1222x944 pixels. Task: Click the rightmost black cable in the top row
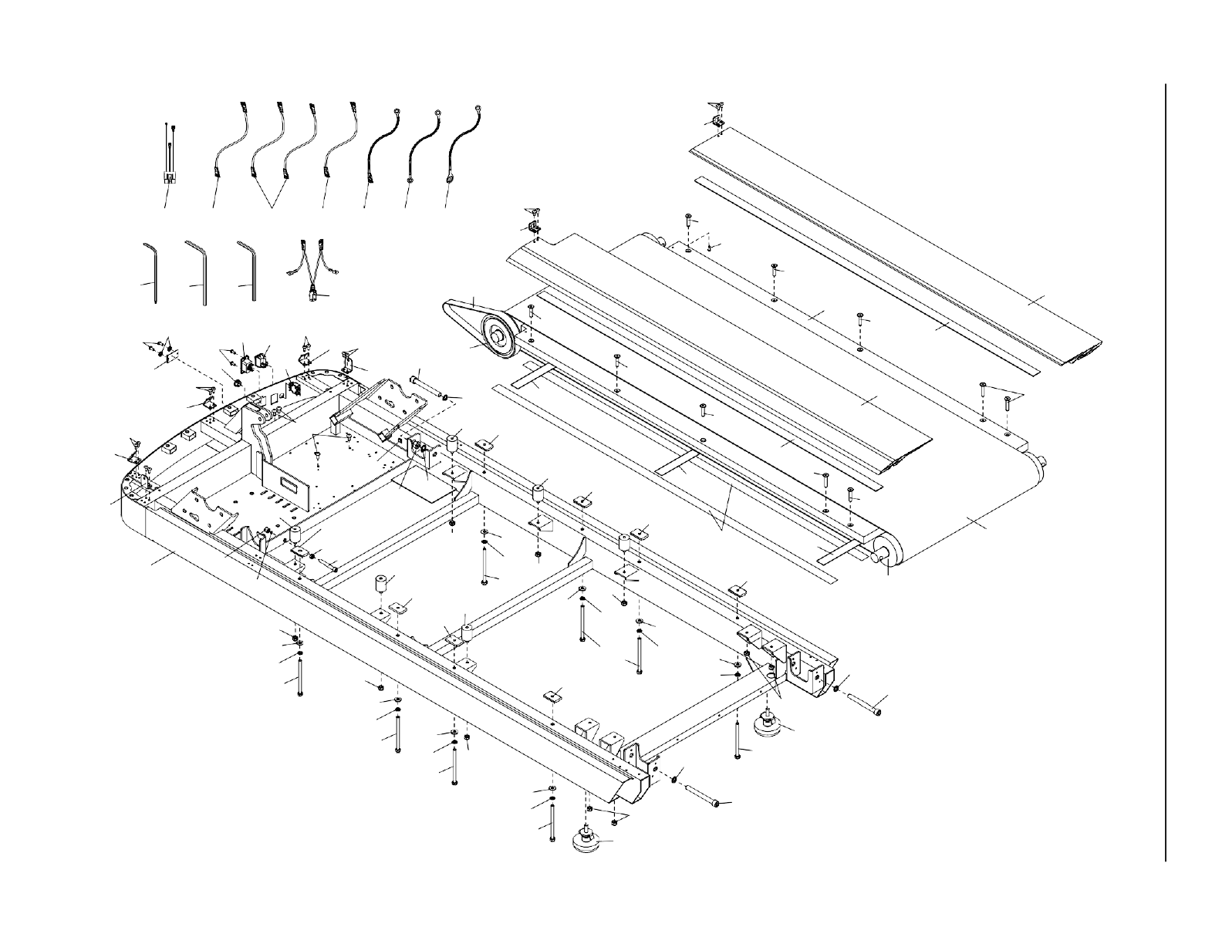point(464,147)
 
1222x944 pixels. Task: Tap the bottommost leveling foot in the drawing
point(589,840)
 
